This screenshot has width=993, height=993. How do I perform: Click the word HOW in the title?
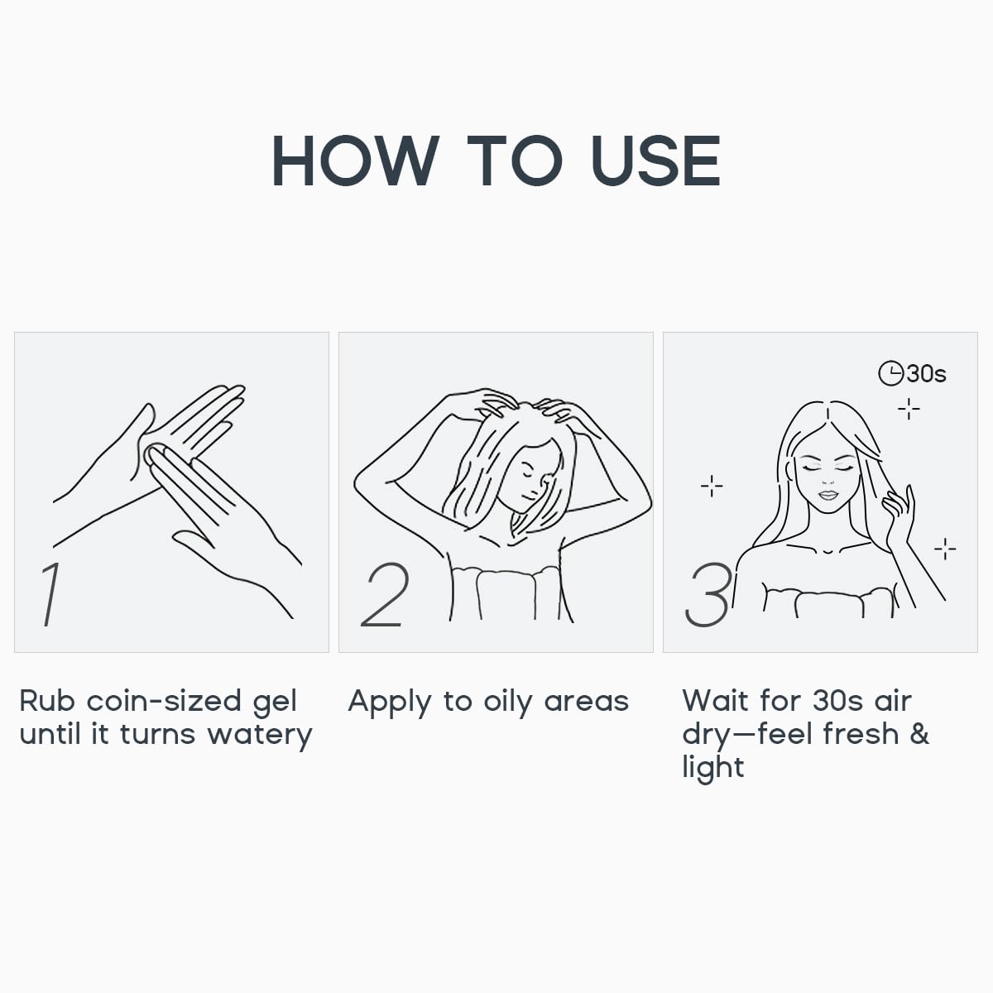click(356, 161)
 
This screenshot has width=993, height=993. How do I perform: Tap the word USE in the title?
click(656, 161)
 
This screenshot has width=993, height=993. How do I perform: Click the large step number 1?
click(51, 594)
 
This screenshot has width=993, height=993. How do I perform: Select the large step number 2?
click(385, 594)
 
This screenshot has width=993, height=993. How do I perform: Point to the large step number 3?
click(708, 595)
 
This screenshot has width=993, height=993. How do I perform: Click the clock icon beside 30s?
click(890, 373)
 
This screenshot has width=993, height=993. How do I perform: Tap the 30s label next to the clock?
click(927, 373)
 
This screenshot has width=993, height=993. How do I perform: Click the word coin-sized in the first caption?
click(164, 700)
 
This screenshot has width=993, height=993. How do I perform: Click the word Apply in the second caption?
click(390, 703)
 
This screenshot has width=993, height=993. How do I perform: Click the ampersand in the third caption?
click(919, 733)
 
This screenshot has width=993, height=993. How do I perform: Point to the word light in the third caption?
click(713, 768)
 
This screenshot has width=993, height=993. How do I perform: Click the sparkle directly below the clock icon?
click(909, 409)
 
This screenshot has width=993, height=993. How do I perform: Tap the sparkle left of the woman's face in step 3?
click(712, 486)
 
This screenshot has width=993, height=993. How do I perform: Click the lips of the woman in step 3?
click(828, 495)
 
